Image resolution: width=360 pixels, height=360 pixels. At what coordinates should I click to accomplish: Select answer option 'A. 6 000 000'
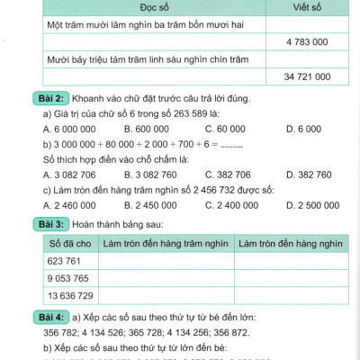(x=73, y=129)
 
